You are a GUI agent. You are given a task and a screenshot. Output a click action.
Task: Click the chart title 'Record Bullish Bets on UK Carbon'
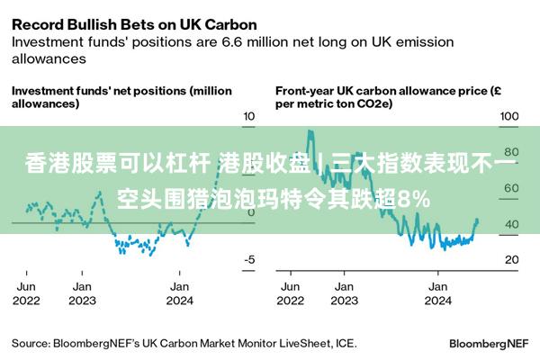(134, 23)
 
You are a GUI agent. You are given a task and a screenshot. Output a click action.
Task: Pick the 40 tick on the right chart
(511, 224)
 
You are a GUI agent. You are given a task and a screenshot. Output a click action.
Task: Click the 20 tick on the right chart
(511, 260)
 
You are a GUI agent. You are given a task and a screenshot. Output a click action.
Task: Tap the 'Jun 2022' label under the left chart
(26, 293)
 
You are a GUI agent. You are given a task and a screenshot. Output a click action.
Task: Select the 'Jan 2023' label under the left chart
(82, 293)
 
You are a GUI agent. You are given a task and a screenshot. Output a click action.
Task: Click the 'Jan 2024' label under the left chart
(180, 293)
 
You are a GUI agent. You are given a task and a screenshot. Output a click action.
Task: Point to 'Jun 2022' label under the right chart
(290, 293)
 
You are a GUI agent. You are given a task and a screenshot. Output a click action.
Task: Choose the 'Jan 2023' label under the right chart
(343, 293)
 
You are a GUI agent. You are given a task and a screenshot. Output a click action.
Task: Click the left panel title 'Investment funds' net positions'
(121, 97)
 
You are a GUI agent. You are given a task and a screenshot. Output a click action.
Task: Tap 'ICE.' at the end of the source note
(345, 343)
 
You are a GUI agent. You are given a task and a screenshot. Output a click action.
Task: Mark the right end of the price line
(476, 220)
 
